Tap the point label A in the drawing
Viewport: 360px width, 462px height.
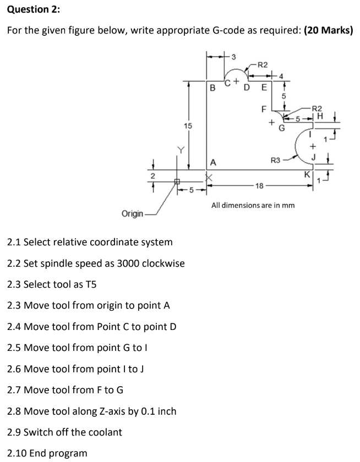coord(212,162)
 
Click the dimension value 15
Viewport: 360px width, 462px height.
coord(172,126)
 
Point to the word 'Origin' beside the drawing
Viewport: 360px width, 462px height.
coord(132,213)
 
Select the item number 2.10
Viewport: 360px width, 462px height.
coord(18,453)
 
